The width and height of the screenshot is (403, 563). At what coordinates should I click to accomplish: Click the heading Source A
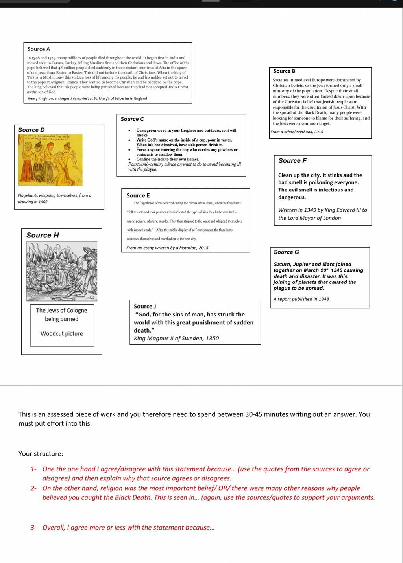tap(39, 49)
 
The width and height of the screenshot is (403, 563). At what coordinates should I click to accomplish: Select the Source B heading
tap(284, 71)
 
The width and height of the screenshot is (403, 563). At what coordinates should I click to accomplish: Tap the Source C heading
tap(132, 119)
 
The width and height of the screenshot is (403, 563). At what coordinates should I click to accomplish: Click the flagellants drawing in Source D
tap(50, 160)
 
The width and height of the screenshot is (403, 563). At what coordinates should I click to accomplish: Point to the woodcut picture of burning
tap(62, 271)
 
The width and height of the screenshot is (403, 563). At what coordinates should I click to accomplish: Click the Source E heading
tap(138, 195)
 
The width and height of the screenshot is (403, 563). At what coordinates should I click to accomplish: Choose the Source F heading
tap(292, 161)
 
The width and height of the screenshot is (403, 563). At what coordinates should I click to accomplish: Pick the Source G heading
tap(286, 252)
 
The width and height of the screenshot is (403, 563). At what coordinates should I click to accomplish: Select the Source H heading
tap(43, 235)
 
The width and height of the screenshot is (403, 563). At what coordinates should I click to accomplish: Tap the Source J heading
tap(145, 306)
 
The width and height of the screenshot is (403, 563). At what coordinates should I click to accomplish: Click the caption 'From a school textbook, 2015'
tap(297, 132)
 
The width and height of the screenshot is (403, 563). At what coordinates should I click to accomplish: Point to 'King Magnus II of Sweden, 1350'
tap(176, 338)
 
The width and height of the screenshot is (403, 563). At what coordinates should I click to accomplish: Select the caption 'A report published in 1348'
tap(301, 299)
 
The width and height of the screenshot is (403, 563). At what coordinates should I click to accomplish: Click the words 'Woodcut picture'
tap(62, 334)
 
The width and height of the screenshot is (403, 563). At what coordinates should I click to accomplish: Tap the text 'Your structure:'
tap(41, 454)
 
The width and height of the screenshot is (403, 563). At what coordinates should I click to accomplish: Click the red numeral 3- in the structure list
tap(33, 528)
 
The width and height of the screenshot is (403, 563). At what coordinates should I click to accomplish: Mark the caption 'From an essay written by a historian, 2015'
tap(167, 248)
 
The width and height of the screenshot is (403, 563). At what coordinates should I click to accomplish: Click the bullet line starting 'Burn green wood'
tap(186, 131)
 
